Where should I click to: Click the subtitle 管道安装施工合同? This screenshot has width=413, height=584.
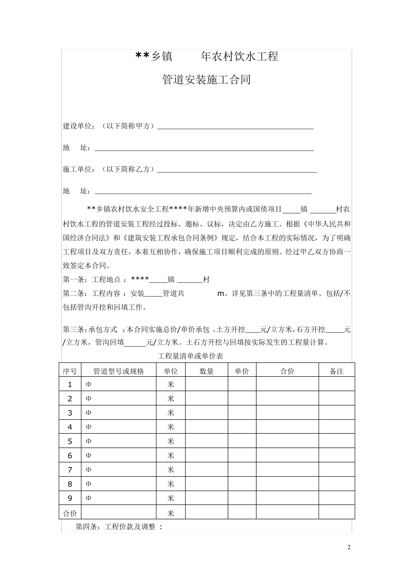point(206,80)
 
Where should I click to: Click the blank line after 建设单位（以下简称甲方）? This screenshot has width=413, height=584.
point(235,127)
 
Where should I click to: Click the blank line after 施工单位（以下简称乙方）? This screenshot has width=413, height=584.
point(236,170)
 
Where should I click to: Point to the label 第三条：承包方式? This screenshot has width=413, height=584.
point(92,329)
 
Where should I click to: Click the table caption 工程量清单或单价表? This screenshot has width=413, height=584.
point(190,356)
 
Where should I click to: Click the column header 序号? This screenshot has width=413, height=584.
point(70,371)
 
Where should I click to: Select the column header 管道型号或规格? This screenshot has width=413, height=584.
point(119,371)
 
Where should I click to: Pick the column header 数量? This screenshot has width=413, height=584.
point(206,371)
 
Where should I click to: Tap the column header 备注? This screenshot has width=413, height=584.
point(336,371)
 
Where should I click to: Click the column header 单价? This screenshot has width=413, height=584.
point(242,371)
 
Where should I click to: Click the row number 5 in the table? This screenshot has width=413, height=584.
point(70,441)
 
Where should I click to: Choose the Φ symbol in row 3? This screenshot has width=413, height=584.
point(88,413)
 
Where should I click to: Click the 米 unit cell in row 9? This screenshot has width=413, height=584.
point(170,498)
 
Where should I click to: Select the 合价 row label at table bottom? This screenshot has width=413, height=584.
point(70,513)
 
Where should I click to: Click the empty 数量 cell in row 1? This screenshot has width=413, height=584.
point(206,384)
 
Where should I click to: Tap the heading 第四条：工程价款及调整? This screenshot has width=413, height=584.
point(119,527)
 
